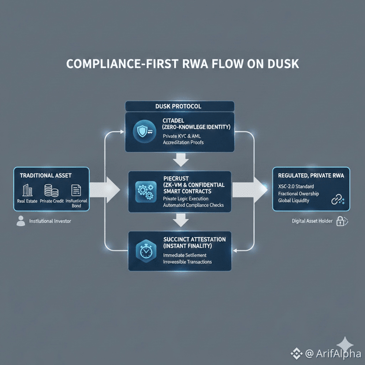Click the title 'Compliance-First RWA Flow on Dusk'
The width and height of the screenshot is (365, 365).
pyautogui.click(x=182, y=63)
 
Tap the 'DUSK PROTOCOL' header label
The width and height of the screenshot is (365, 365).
pyautogui.click(x=179, y=106)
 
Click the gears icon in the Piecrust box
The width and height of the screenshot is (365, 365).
pyautogui.click(x=145, y=191)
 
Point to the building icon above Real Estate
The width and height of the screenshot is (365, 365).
pyautogui.click(x=27, y=190)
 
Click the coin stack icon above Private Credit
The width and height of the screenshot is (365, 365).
pyautogui.click(x=52, y=190)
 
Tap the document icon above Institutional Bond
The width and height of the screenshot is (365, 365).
pyautogui.click(x=76, y=190)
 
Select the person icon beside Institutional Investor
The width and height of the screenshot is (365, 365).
pyautogui.click(x=21, y=221)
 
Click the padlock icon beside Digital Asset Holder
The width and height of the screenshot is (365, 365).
pyautogui.click(x=341, y=221)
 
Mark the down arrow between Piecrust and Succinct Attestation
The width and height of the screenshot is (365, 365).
pyautogui.click(x=179, y=218)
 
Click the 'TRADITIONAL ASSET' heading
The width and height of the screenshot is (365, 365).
pyautogui.click(x=46, y=175)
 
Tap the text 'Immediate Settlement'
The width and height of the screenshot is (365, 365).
pyautogui.click(x=185, y=255)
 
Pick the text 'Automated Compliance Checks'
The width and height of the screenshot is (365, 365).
pyautogui.click(x=194, y=205)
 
